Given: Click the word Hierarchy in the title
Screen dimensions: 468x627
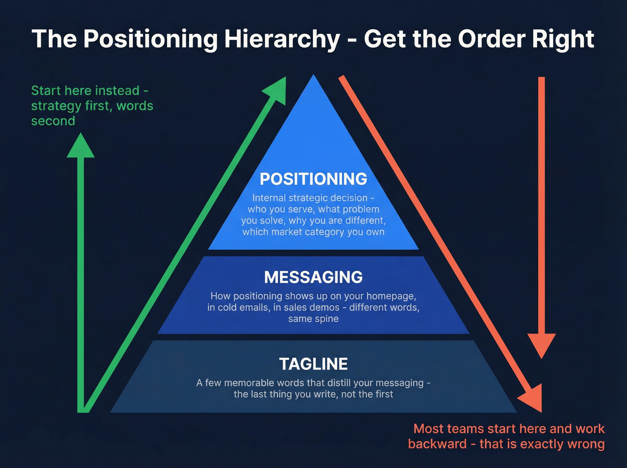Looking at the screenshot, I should pyautogui.click(x=282, y=39).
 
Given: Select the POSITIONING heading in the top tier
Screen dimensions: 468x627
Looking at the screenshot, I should pyautogui.click(x=313, y=179).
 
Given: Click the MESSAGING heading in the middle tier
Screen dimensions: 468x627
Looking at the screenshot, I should pyautogui.click(x=313, y=277).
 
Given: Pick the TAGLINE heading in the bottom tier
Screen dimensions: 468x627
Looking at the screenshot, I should pyautogui.click(x=313, y=364).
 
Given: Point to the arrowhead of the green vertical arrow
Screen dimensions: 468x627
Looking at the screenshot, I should pyautogui.click(x=81, y=146).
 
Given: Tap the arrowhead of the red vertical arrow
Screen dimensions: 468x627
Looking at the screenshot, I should pyautogui.click(x=541, y=345).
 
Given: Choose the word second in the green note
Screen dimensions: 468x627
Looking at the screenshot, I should pyautogui.click(x=53, y=121).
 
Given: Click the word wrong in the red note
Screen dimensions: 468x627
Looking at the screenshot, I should pyautogui.click(x=586, y=444).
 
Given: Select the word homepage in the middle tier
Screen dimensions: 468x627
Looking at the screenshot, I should pyautogui.click(x=391, y=296).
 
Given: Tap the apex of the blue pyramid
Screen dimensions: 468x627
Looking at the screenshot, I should pyautogui.click(x=313, y=76).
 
